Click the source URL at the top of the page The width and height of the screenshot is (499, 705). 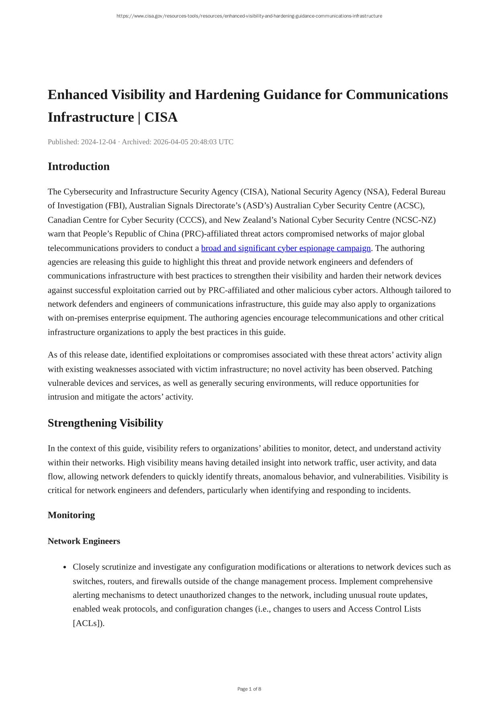point(249,16)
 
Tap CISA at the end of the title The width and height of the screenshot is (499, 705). point(161,117)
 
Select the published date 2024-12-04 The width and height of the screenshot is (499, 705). point(98,142)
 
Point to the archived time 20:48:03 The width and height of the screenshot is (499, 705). point(201,142)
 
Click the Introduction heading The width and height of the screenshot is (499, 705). point(78,167)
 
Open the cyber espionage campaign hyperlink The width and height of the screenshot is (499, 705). point(286,248)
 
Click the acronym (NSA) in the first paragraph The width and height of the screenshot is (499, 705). point(376,192)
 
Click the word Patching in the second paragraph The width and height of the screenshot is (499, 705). point(417,369)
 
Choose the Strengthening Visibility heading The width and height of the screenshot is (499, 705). point(105,423)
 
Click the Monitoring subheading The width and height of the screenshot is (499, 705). point(71,515)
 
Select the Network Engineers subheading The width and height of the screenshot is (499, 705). point(84,541)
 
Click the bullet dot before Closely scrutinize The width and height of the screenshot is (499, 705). point(65,567)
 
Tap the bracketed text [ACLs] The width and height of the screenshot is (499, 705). point(88,623)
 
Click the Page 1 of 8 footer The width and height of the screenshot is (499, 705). point(249,689)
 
